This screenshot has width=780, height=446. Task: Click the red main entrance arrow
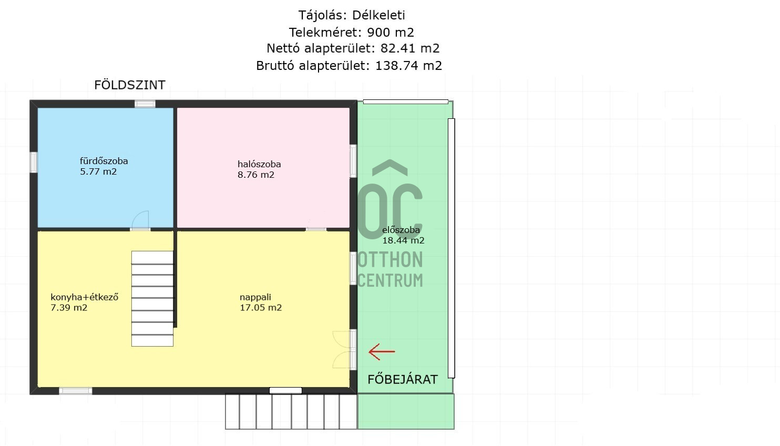pyautogui.click(x=382, y=351)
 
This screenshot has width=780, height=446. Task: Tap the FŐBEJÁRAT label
pyautogui.click(x=403, y=379)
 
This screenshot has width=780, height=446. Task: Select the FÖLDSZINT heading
pyautogui.click(x=129, y=85)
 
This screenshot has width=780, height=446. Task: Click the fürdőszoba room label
pyautogui.click(x=104, y=161)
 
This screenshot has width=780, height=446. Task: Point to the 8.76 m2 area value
pyautogui.click(x=256, y=175)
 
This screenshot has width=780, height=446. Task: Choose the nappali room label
pyautogui.click(x=255, y=297)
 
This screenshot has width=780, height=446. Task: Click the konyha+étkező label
pyautogui.click(x=85, y=297)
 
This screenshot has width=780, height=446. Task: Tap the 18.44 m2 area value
pyautogui.click(x=403, y=240)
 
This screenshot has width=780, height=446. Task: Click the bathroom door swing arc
pyautogui.click(x=140, y=219)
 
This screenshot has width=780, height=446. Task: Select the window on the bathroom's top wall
pyautogui.click(x=145, y=104)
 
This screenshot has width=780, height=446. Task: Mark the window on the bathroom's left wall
pyautogui.click(x=34, y=162)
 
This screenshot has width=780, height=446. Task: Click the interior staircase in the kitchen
pyautogui.click(x=152, y=299)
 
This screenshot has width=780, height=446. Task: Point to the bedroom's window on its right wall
pyautogui.click(x=353, y=161)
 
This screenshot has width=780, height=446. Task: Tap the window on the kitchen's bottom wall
pyautogui.click(x=75, y=391)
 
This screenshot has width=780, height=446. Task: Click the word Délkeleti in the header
pyautogui.click(x=378, y=15)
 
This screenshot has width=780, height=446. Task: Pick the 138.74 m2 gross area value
pyautogui.click(x=408, y=66)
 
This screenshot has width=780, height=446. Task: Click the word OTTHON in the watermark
pyautogui.click(x=391, y=260)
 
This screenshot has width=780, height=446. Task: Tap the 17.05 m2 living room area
pyautogui.click(x=261, y=308)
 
